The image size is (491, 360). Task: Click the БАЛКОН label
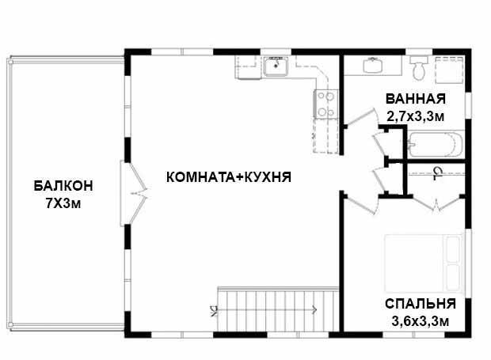(x=63, y=185)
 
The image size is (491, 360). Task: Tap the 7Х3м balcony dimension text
(x=63, y=203)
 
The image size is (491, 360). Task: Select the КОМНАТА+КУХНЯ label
(x=229, y=177)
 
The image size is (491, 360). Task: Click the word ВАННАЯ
(x=416, y=99)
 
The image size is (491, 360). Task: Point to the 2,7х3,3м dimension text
(x=416, y=116)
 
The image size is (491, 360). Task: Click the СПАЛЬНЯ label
(x=421, y=304)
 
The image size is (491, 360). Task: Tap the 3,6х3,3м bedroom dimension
(x=421, y=321)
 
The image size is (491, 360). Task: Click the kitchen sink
(x=276, y=66)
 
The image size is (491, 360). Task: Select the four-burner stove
(x=325, y=104)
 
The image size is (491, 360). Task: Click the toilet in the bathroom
(x=419, y=68)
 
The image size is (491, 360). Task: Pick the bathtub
(x=436, y=144)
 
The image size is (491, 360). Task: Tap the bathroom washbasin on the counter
(x=373, y=66)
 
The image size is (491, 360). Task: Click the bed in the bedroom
(x=424, y=263)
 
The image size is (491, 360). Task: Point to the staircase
(x=279, y=309)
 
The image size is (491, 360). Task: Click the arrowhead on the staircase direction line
(x=314, y=310)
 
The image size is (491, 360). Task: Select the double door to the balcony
(x=134, y=193)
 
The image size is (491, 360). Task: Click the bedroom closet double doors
(x=436, y=203)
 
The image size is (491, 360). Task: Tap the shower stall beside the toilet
(x=449, y=70)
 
